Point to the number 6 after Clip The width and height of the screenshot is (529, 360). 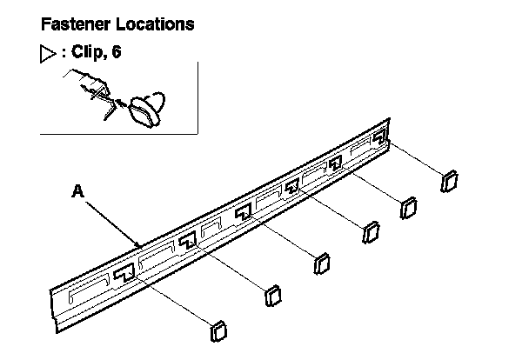[x=115, y=51]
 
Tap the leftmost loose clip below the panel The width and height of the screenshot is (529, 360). [x=218, y=331]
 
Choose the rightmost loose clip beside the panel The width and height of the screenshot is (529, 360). [x=450, y=182]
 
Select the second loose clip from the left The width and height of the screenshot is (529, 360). [x=272, y=295]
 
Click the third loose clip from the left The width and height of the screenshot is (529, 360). [x=321, y=263]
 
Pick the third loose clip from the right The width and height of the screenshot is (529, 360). [x=370, y=232]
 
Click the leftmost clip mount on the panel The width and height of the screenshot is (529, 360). [x=124, y=273]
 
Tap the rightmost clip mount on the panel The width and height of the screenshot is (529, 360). [x=379, y=139]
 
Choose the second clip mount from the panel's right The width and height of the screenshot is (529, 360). [x=337, y=162]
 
